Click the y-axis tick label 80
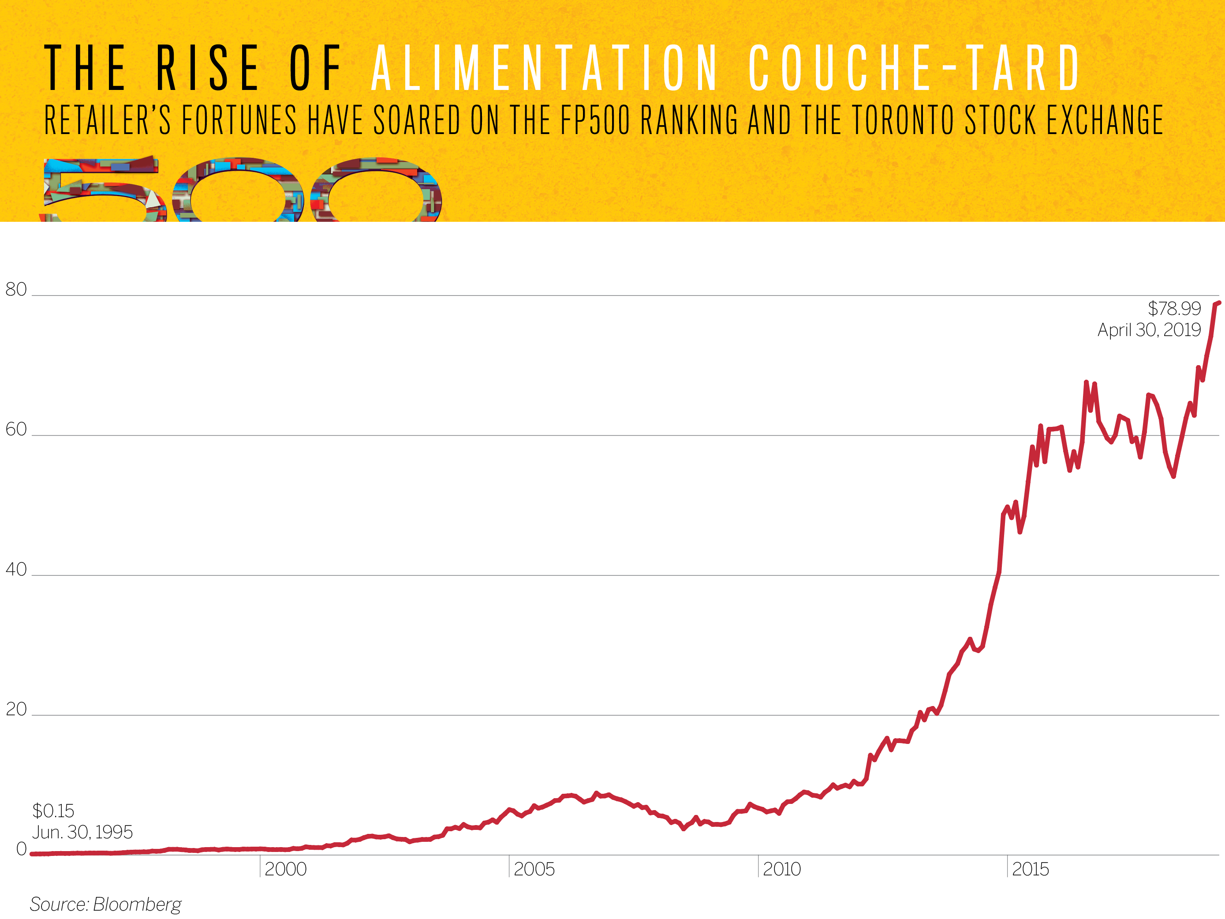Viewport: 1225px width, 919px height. click(16, 289)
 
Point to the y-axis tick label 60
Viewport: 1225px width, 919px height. click(16, 430)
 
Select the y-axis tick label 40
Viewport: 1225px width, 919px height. click(16, 569)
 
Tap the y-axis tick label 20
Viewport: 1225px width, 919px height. click(16, 709)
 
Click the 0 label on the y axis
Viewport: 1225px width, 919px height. click(22, 848)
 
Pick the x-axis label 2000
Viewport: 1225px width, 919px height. click(285, 869)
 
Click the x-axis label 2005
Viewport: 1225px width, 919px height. click(534, 869)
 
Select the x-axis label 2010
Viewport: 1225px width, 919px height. click(781, 869)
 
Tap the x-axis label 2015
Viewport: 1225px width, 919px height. click(1030, 869)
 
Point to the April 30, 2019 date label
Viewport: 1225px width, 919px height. click(1149, 330)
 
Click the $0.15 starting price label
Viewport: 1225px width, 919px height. click(53, 811)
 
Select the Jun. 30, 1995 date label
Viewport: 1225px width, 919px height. click(82, 832)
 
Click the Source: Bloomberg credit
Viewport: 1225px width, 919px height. click(105, 904)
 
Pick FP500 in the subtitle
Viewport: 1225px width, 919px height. click(595, 120)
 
